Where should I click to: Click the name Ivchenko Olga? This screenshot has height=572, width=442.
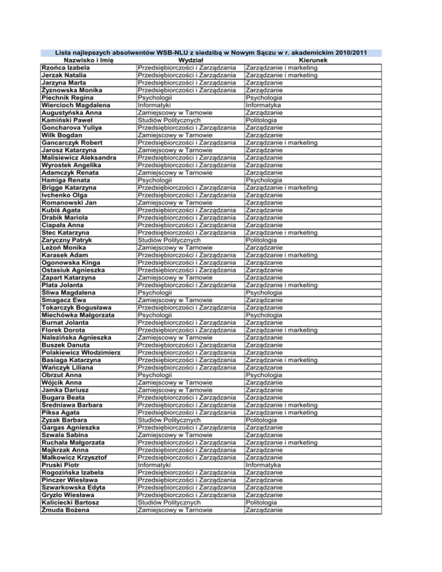(x=64, y=195)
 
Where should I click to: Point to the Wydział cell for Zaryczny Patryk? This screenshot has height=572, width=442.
(x=168, y=240)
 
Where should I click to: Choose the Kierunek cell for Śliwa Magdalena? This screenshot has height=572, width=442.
(x=264, y=292)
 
